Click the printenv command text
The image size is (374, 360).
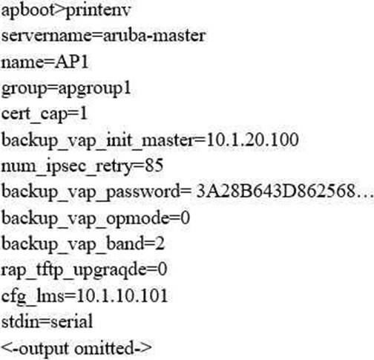tap(98, 11)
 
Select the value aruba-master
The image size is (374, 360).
tap(154, 36)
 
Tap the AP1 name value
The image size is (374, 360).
tap(71, 62)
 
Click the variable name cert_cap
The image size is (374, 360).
tap(34, 115)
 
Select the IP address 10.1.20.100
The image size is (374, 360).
tap(252, 140)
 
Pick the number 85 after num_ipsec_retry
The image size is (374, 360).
tap(154, 166)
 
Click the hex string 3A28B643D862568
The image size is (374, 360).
tap(276, 192)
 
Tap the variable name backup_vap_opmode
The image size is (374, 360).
tap(85, 219)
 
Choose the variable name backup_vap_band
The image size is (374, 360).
tap(73, 244)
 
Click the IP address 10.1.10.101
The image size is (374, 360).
tap(122, 296)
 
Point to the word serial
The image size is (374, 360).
tap(72, 321)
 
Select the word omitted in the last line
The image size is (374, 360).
tap(104, 348)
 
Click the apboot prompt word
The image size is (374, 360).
tap(28, 11)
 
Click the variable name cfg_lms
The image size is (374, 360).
tap(33, 297)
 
